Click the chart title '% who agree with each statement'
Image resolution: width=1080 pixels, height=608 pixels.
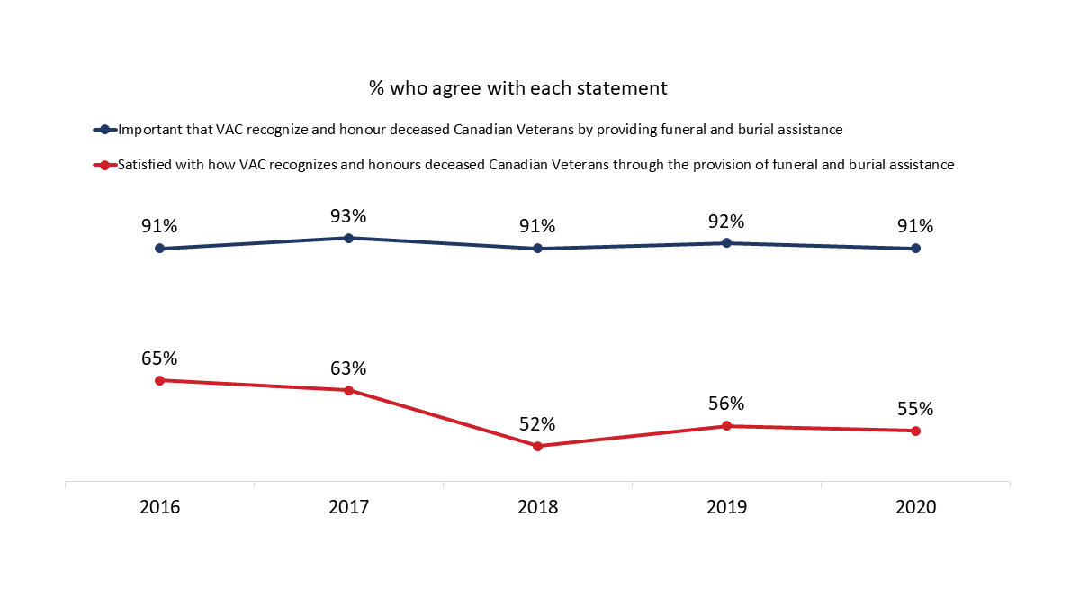[517, 88]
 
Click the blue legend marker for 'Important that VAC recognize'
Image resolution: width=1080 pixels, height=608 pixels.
[105, 130]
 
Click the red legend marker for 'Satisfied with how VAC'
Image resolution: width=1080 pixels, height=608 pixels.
[105, 166]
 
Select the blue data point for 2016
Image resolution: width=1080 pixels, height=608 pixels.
[159, 249]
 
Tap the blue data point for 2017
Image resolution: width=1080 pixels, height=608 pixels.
[348, 238]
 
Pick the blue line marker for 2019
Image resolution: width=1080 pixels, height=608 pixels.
[726, 243]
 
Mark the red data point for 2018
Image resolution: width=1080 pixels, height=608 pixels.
[537, 446]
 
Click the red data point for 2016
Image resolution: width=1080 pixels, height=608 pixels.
[159, 380]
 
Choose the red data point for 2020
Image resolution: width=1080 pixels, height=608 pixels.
[915, 431]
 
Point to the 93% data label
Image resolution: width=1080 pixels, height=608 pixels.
[348, 216]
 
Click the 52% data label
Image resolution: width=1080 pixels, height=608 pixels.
[537, 424]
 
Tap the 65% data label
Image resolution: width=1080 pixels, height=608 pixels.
[159, 358]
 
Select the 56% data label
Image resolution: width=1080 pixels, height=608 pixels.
[726, 404]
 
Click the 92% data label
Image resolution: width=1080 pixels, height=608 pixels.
[726, 222]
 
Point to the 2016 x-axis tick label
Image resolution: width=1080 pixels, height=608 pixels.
[159, 507]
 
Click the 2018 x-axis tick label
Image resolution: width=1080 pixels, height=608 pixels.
[537, 507]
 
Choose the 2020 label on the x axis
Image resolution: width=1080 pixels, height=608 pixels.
[915, 507]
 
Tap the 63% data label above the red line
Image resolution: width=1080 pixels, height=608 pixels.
[348, 368]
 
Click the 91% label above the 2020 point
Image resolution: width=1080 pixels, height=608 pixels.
[915, 227]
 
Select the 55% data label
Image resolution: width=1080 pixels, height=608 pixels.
[915, 409]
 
